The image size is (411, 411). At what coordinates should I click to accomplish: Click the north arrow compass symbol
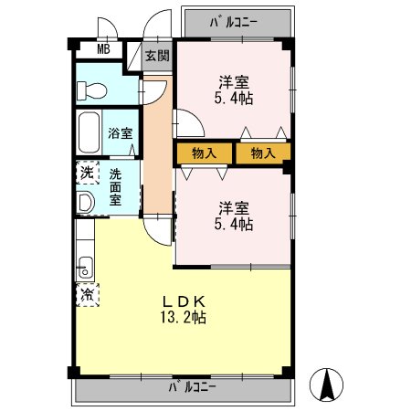(x=326, y=385)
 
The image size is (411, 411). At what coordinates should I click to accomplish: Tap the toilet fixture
(x=91, y=90)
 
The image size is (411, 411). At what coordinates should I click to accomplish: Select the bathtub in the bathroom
(x=90, y=132)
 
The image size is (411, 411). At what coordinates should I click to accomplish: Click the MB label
(x=103, y=48)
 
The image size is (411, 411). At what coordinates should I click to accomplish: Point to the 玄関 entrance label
(x=157, y=56)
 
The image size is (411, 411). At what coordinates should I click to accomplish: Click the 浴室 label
(x=121, y=133)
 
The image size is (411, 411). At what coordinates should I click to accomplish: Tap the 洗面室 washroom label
(x=115, y=187)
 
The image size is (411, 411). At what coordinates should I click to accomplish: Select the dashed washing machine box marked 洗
(x=88, y=173)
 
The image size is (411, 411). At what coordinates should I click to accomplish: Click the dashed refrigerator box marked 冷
(x=88, y=295)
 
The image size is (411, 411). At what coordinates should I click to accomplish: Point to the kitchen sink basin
(x=86, y=268)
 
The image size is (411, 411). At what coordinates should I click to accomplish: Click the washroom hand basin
(x=85, y=202)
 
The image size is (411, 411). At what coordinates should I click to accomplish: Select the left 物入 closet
(x=205, y=153)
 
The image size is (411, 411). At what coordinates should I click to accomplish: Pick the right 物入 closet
(x=263, y=153)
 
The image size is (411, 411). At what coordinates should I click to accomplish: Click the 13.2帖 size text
(x=184, y=318)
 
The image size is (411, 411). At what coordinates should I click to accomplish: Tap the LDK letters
(x=184, y=301)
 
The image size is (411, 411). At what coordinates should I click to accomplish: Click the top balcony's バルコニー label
(x=234, y=22)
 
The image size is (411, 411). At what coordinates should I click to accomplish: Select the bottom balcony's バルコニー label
(x=192, y=387)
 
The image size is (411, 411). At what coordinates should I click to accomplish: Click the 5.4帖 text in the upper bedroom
(x=234, y=99)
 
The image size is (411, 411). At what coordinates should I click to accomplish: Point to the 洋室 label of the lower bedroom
(x=234, y=208)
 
